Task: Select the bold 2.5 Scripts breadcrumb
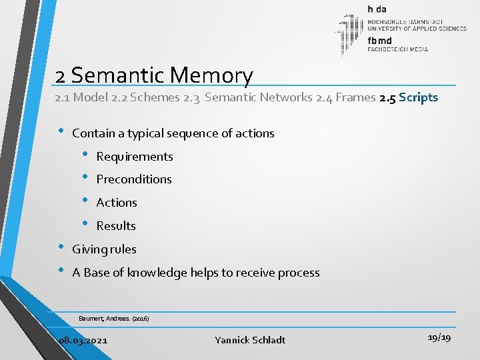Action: point(408,98)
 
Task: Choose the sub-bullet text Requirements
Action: point(135,157)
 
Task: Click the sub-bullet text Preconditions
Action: point(134,179)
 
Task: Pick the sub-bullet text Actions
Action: point(117,203)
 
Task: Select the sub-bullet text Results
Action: point(116,226)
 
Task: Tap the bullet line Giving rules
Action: point(104,249)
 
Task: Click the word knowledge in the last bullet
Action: point(157,273)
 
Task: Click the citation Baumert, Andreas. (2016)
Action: point(113,319)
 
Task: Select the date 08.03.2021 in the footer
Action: point(83,340)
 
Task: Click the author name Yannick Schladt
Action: point(250,340)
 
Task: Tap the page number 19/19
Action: point(437,338)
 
